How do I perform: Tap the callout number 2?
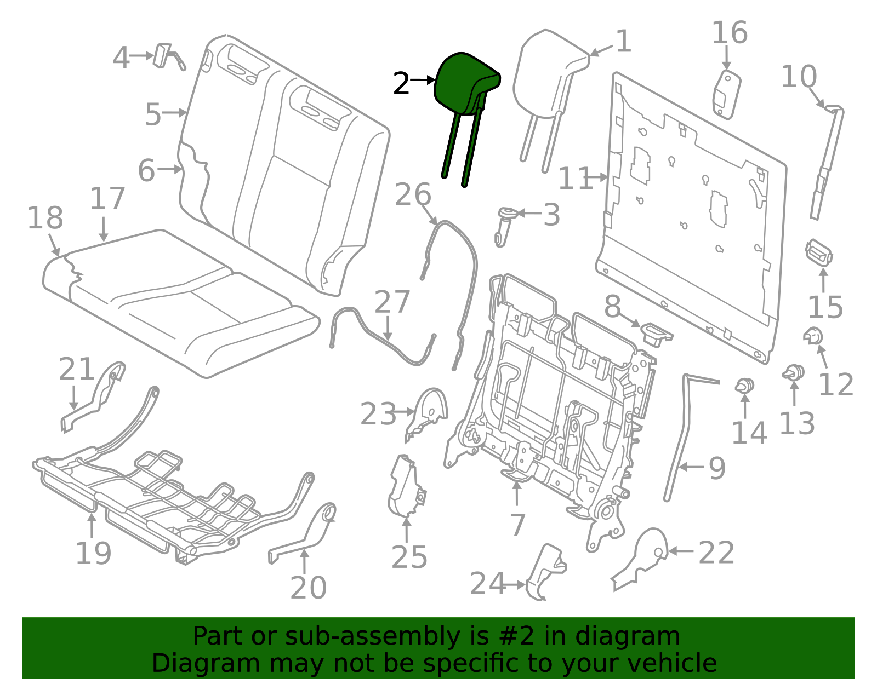point(401,84)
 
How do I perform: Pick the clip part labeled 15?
point(819,253)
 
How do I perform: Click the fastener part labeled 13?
point(794,373)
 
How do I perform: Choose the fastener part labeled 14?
point(744,386)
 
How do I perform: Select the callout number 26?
point(413,194)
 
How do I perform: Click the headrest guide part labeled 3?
point(505,225)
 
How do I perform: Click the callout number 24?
point(487,584)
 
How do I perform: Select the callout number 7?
point(517,525)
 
